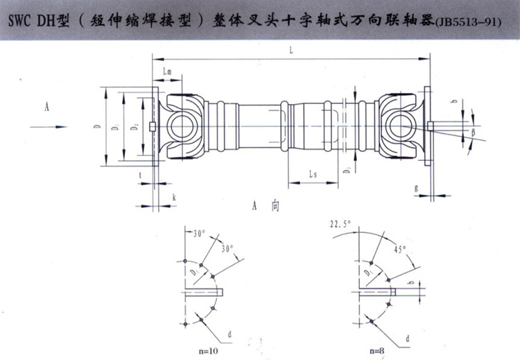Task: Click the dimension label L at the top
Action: [293, 50]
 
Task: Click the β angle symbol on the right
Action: [474, 131]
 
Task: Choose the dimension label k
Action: [173, 198]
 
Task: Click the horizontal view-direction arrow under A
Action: [46, 126]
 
